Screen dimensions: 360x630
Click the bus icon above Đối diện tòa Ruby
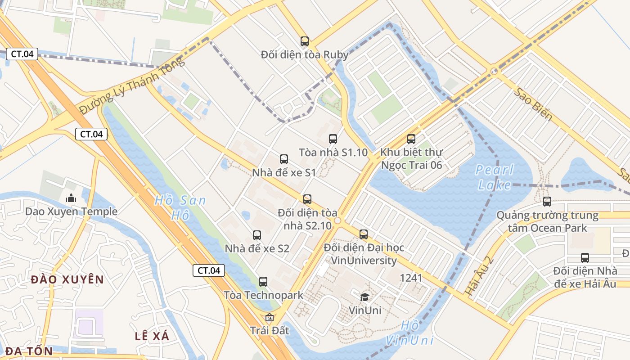tap(305, 41)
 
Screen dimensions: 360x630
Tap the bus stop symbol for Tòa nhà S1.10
tap(333, 139)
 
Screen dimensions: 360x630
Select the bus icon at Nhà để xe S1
tap(284, 159)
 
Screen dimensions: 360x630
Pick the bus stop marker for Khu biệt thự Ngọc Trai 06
tap(411, 139)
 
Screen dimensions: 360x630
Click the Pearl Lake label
tap(495, 177)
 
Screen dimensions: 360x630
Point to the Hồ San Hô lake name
tap(180, 207)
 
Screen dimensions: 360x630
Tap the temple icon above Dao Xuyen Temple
tap(71, 198)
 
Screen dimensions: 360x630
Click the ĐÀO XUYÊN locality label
tap(67, 279)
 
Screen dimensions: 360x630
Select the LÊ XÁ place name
tap(152, 336)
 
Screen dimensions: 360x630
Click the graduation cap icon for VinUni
tap(364, 297)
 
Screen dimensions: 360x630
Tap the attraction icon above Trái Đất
tap(270, 317)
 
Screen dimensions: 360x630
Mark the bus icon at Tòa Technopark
tap(263, 282)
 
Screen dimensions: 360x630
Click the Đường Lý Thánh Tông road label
tap(132, 85)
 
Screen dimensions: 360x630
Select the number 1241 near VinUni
tap(411, 278)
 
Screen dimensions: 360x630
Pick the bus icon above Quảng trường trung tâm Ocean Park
tap(547, 202)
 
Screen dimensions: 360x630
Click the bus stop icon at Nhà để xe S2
tap(257, 235)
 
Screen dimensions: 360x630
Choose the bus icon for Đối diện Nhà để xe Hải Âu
tap(585, 258)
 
